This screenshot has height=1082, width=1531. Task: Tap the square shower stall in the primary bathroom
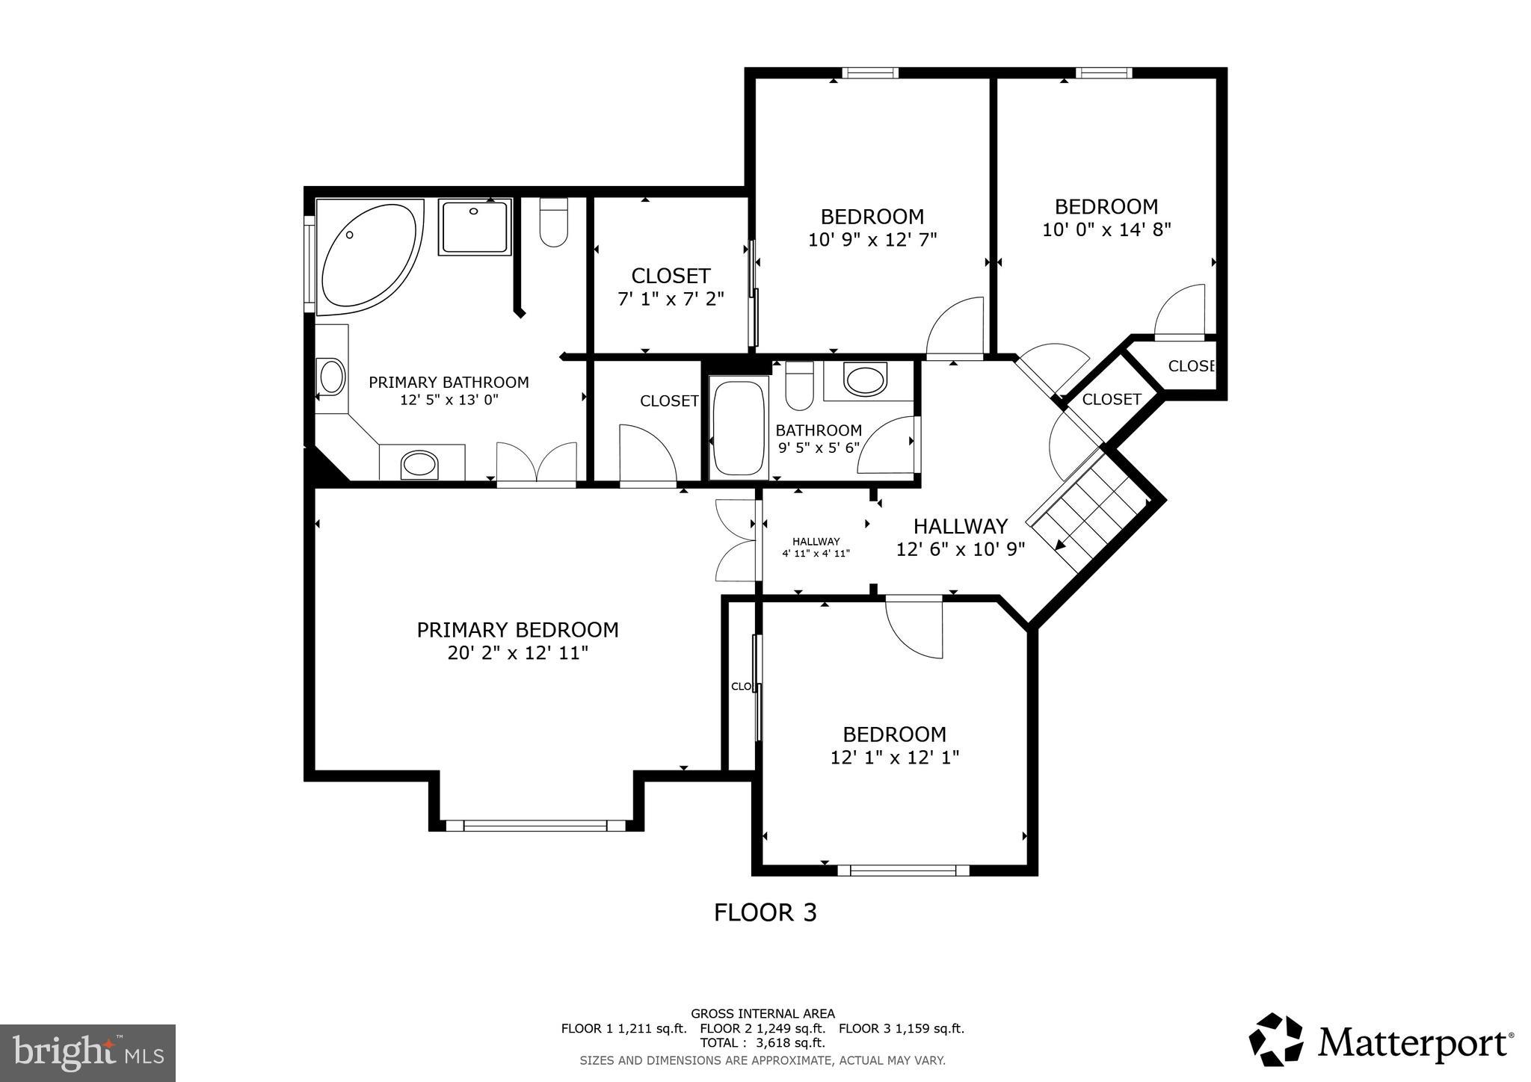(474, 226)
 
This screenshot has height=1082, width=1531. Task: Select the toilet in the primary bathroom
(553, 222)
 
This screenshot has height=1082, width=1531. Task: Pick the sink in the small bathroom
(865, 378)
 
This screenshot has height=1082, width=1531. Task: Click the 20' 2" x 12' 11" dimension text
(517, 653)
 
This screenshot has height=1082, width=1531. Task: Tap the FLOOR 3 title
(765, 912)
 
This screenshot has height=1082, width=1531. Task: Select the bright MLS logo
(87, 1053)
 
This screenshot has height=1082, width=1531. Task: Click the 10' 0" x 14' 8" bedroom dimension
(1106, 229)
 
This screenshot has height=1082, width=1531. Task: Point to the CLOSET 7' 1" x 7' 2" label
(671, 287)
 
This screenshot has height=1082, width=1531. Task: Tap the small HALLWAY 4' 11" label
(816, 547)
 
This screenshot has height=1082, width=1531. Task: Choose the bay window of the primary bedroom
(535, 825)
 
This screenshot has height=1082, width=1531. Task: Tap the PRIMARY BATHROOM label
(449, 383)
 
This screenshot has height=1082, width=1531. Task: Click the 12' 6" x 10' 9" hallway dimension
(960, 549)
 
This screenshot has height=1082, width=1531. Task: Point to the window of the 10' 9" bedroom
(870, 72)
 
